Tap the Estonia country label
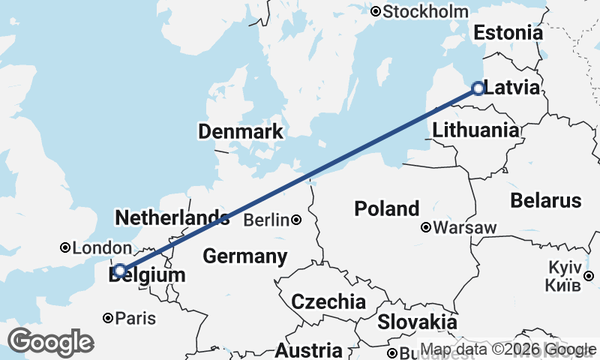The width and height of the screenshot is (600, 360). pos(508,33)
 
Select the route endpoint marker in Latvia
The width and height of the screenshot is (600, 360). pos(478,89)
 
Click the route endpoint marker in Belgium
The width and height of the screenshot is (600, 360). pos(120,271)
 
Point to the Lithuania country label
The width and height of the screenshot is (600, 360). pos(475,130)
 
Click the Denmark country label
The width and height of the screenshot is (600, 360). pos(241,132)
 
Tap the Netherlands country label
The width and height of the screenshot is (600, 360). pos(172,218)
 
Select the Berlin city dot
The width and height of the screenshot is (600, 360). pos(297,220)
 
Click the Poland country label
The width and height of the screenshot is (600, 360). pos(387,208)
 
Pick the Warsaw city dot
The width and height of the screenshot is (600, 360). pos(426,227)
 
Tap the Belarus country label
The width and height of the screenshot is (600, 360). pos(546,200)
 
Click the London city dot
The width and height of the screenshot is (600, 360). pos(65,247)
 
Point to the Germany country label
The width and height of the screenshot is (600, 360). pos(245,256)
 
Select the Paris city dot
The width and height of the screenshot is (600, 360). pos(108,318)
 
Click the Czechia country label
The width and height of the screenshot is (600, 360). pos(328,302)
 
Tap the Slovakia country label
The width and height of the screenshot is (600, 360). pos(417,322)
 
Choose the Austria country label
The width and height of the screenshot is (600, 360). pos(308,350)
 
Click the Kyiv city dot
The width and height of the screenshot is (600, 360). pos(589,275)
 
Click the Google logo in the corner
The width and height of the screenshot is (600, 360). pos(50,342)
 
